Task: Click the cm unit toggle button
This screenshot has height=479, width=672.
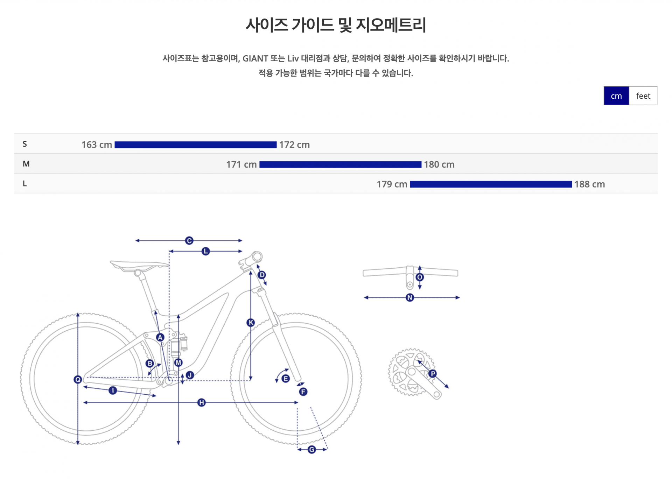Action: tap(616, 96)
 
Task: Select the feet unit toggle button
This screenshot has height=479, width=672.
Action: tap(643, 96)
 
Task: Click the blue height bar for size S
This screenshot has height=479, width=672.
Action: tap(195, 145)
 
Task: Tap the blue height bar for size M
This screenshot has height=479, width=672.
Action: tap(340, 164)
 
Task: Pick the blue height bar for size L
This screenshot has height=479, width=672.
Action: tap(491, 184)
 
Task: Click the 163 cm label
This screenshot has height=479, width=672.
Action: tap(97, 145)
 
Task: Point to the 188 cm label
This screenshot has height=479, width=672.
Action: tap(589, 184)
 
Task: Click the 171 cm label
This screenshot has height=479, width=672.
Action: tap(241, 164)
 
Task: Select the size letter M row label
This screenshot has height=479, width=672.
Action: tap(26, 164)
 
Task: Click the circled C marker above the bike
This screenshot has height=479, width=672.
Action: tap(189, 241)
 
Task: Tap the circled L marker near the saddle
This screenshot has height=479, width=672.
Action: tap(205, 251)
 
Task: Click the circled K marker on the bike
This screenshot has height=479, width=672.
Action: tap(251, 323)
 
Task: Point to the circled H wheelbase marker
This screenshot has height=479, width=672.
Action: tap(201, 402)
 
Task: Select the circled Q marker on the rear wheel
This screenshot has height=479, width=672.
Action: tap(78, 379)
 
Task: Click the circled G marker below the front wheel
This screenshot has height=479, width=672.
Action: tap(311, 450)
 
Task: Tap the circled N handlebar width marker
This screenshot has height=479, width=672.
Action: tap(410, 297)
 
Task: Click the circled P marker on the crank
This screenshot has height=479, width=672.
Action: tap(433, 374)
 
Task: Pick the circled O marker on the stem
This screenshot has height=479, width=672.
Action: tap(420, 277)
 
